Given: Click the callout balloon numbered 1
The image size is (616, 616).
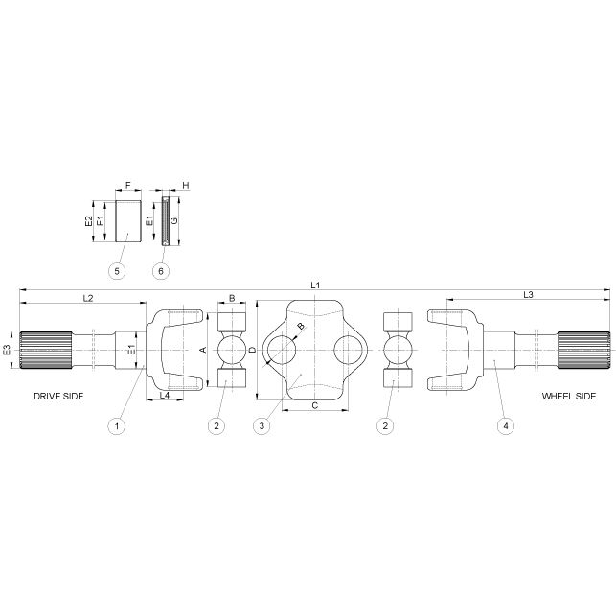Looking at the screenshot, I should [x=117, y=424].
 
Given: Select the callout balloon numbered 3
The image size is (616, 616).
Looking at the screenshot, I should [x=261, y=424].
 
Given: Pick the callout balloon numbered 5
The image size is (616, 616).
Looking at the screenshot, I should [x=117, y=271].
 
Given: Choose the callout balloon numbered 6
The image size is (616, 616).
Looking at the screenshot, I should [x=161, y=271].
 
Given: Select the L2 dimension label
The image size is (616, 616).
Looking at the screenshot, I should [x=86, y=298].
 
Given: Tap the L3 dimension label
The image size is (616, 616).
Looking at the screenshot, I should [x=528, y=294].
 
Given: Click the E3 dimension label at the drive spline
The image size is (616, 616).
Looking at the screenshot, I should [x=8, y=351].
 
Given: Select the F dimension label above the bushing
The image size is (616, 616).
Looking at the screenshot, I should [x=127, y=185].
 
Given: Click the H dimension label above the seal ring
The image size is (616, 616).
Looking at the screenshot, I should [x=185, y=185].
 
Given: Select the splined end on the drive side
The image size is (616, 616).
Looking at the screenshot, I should [x=46, y=351].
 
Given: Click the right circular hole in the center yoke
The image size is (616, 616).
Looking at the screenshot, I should [x=349, y=350].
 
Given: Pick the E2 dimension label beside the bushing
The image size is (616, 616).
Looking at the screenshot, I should [x=88, y=220].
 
